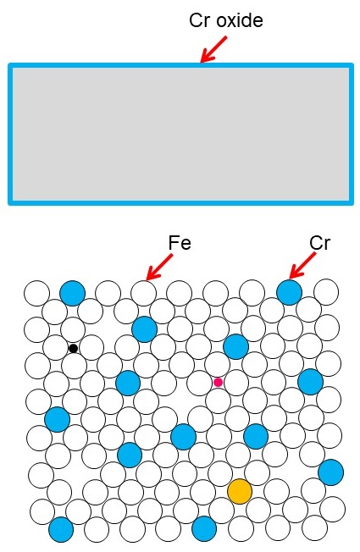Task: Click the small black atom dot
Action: click(x=73, y=349)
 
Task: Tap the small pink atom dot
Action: click(x=218, y=383)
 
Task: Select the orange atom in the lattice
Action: click(x=240, y=491)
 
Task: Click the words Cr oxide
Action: click(x=226, y=20)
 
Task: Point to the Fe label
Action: click(x=180, y=243)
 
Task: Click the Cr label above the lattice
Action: click(x=320, y=243)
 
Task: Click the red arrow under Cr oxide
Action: click(x=213, y=49)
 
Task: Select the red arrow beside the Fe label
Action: click(x=159, y=268)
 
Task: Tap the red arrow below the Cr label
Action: click(x=302, y=266)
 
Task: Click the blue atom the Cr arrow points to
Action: click(x=289, y=292)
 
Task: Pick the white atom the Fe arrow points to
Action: click(x=143, y=293)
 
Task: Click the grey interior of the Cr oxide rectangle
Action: click(x=180, y=134)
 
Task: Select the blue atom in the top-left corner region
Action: click(x=72, y=293)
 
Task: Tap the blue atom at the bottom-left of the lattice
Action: click(x=61, y=529)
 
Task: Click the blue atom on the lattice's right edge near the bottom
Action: click(x=330, y=472)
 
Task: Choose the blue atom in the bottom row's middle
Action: click(x=204, y=529)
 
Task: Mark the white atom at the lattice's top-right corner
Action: click(x=326, y=291)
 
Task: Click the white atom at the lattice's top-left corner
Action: click(x=36, y=293)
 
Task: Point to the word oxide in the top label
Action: click(x=240, y=20)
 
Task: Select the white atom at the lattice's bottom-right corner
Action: click(x=314, y=527)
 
